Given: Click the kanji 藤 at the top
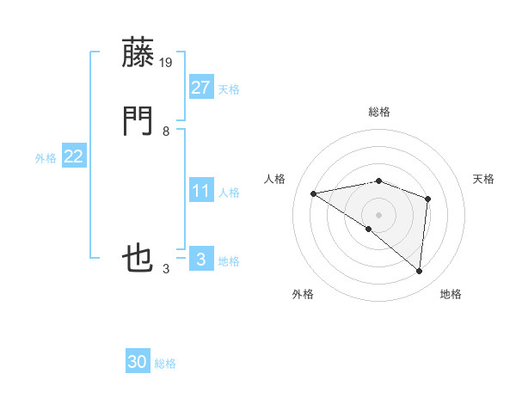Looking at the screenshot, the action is [138, 54].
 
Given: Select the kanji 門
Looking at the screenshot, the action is [138, 122].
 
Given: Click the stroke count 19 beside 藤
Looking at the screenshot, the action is [166, 63].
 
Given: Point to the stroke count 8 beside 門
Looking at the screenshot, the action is [166, 132].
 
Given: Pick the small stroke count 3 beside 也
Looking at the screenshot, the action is [166, 269].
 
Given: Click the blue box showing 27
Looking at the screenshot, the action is [200, 87].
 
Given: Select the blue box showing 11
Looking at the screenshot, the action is [200, 191].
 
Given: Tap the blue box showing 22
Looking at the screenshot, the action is [73, 156].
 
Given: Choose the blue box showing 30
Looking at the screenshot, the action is [138, 362].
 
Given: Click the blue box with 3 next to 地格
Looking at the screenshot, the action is [200, 260].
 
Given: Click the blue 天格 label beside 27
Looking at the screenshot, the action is [229, 89].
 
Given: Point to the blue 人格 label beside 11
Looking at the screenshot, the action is [229, 193].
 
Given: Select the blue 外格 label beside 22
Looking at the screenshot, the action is [46, 158].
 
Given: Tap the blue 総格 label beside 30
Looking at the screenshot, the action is [165, 364].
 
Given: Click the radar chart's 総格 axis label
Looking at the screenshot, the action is [379, 112].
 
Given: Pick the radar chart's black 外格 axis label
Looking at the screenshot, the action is [303, 294].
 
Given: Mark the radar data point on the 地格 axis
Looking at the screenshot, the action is [420, 272].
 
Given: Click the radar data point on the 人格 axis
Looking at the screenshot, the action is [314, 193].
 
